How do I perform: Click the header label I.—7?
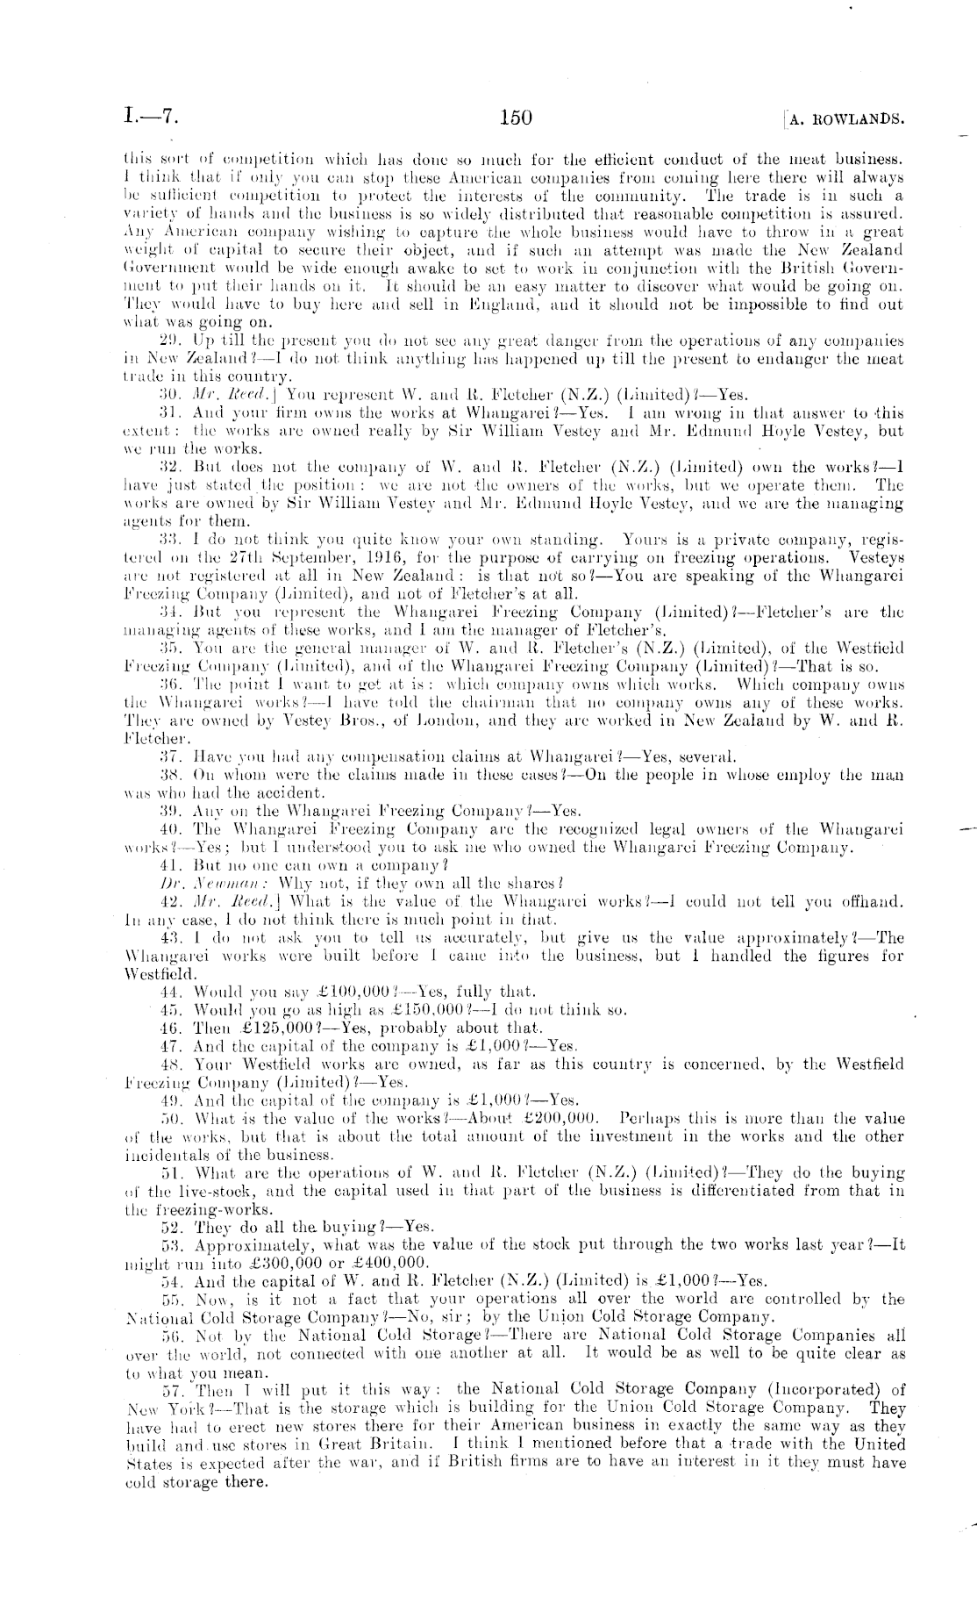pyautogui.click(x=152, y=117)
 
